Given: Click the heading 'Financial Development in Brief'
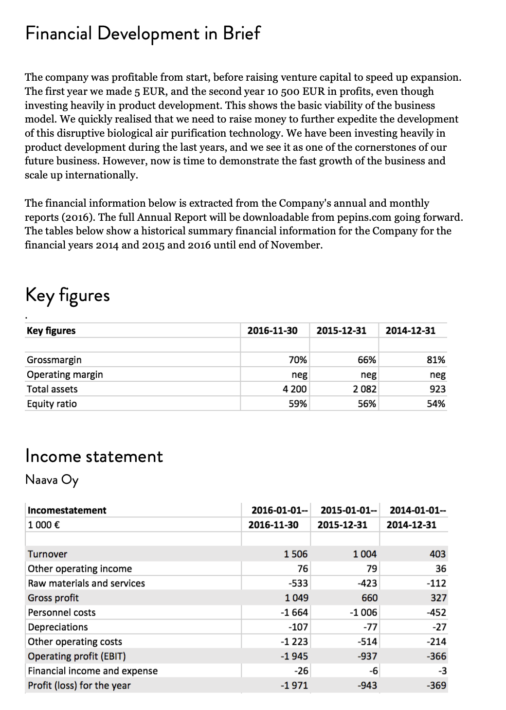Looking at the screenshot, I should pyautogui.click(x=143, y=33).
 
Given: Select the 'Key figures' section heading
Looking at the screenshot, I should pyautogui.click(x=67, y=295).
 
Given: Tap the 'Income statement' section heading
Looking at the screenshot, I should pyautogui.click(x=94, y=456).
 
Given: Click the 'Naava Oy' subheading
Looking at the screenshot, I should pyautogui.click(x=52, y=479).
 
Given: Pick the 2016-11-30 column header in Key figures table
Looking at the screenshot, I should pyautogui.click(x=272, y=331).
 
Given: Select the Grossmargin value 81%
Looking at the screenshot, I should pyautogui.click(x=435, y=360).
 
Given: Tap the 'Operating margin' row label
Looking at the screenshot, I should pyautogui.click(x=65, y=374).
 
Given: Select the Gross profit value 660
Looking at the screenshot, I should pyautogui.click(x=368, y=598).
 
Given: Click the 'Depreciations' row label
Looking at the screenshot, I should pyautogui.click(x=58, y=627).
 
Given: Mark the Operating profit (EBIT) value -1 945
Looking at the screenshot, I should pyautogui.click(x=294, y=656).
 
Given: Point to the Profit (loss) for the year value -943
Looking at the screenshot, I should pyautogui.click(x=367, y=685).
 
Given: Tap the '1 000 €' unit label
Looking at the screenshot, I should pyautogui.click(x=44, y=525).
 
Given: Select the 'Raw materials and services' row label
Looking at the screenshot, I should pyautogui.click(x=86, y=583).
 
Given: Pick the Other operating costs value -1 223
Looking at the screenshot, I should pyautogui.click(x=294, y=641).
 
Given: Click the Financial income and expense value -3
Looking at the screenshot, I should pyautogui.click(x=442, y=671).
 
